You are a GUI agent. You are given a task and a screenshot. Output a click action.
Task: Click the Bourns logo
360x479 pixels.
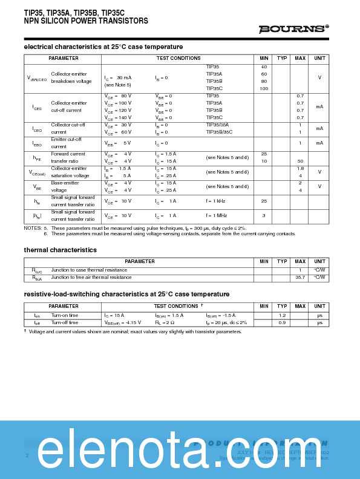tap(293, 28)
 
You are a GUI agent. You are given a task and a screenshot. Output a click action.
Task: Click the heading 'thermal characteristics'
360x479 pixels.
tap(60, 250)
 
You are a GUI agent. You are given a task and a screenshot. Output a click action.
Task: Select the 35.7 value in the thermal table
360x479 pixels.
tap(299, 277)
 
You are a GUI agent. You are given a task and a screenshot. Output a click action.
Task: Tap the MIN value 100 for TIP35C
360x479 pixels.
tap(264, 88)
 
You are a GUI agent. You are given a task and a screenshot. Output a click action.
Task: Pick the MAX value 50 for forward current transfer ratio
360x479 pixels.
tap(299, 161)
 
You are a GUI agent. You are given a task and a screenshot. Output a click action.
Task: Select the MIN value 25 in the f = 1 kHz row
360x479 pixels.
tap(264, 201)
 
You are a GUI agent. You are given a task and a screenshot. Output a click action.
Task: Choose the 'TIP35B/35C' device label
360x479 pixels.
tap(219, 132)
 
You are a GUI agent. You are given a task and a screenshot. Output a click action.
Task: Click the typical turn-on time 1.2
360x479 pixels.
tap(282, 315)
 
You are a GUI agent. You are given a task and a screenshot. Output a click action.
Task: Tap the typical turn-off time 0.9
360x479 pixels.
tap(282, 322)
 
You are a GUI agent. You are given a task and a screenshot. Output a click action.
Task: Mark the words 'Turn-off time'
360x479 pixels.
tap(65, 322)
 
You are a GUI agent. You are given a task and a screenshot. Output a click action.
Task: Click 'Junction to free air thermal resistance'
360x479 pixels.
tap(91, 277)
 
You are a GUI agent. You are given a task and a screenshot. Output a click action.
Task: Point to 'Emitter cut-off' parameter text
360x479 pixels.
tap(66, 139)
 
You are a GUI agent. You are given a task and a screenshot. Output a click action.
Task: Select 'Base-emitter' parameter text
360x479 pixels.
tap(65, 183)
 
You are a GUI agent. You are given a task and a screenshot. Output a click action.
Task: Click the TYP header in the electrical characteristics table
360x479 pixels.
tap(282, 58)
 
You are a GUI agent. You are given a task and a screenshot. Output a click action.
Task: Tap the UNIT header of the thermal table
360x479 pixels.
tap(319, 261)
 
